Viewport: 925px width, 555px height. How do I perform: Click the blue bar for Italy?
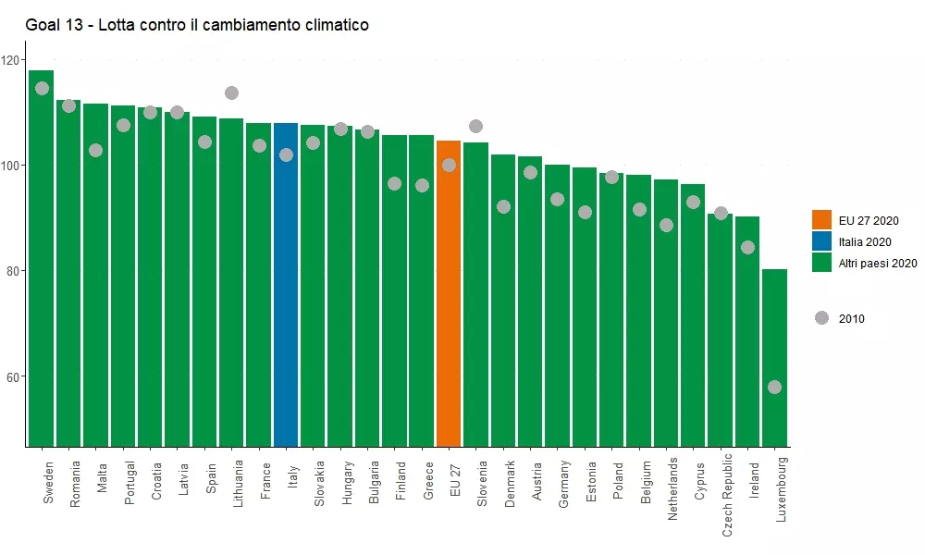[x=286, y=296]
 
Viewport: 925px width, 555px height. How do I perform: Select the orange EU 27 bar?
[x=449, y=305]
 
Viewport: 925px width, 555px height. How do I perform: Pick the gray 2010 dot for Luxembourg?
[x=774, y=387]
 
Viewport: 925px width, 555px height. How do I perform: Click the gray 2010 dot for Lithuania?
[x=231, y=92]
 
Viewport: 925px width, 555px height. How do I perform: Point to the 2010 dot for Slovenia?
[x=475, y=126]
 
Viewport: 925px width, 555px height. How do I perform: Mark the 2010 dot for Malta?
[x=95, y=150]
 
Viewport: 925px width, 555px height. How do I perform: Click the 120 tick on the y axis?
[x=12, y=60]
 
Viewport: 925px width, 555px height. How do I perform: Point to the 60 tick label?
[x=12, y=377]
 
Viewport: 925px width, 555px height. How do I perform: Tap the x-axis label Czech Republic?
[x=727, y=495]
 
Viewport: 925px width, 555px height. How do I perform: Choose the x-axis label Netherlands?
[x=672, y=490]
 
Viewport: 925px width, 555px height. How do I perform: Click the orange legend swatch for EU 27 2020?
[x=822, y=220]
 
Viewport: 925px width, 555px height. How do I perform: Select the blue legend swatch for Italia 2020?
[x=822, y=241]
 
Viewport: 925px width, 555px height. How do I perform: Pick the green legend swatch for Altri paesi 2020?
[x=822, y=263]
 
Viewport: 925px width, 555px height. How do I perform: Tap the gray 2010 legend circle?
[x=821, y=318]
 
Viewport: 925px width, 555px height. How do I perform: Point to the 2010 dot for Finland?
[x=394, y=183]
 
